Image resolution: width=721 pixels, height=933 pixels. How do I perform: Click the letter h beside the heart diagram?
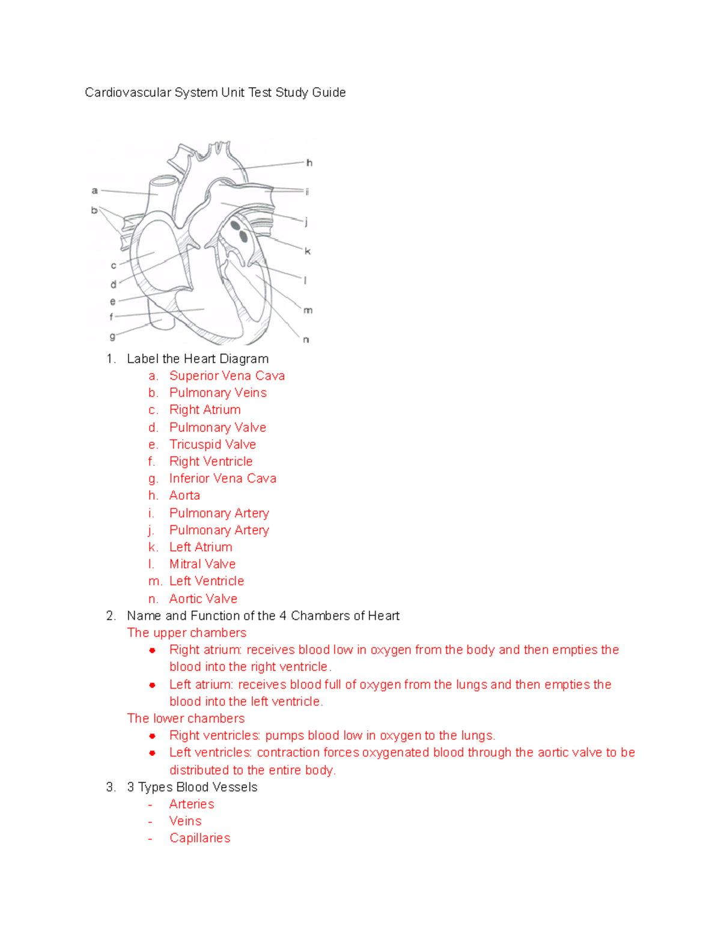coord(309,163)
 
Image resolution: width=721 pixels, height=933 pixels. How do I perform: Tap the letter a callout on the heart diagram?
coord(94,191)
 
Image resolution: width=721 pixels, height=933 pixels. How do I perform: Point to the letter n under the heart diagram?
coord(306,340)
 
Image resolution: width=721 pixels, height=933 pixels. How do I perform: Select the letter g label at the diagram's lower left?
coord(112,336)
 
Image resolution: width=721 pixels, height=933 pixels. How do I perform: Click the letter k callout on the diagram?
coord(308,251)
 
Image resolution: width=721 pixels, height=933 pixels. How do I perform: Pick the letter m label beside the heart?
coord(308,311)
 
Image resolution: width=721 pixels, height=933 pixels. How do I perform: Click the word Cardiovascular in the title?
coord(128,93)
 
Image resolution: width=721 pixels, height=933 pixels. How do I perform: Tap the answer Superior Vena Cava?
coord(227,376)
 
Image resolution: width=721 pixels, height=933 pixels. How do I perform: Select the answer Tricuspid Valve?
coord(212,445)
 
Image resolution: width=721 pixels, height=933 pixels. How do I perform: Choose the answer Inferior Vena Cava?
coord(222,479)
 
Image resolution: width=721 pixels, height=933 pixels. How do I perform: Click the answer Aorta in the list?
coord(184,496)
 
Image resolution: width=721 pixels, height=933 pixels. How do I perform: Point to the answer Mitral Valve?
coord(202,564)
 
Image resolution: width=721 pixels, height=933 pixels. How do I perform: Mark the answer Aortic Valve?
coord(203,599)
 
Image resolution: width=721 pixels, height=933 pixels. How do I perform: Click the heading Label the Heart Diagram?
coord(198,359)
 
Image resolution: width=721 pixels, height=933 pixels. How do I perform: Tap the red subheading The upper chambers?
coord(187,633)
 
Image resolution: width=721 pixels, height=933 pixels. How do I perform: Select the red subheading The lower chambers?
coord(186,719)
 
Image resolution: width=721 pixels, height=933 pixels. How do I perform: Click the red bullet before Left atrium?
coord(153,685)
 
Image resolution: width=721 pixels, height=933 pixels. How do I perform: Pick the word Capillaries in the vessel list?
coord(199,838)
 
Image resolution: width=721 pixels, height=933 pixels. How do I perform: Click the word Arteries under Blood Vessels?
coord(192,804)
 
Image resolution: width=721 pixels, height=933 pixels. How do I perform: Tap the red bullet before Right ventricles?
coord(153,736)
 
